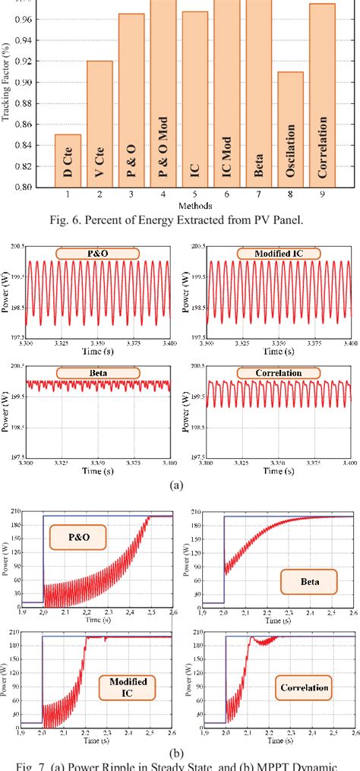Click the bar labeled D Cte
click(x=68, y=160)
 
